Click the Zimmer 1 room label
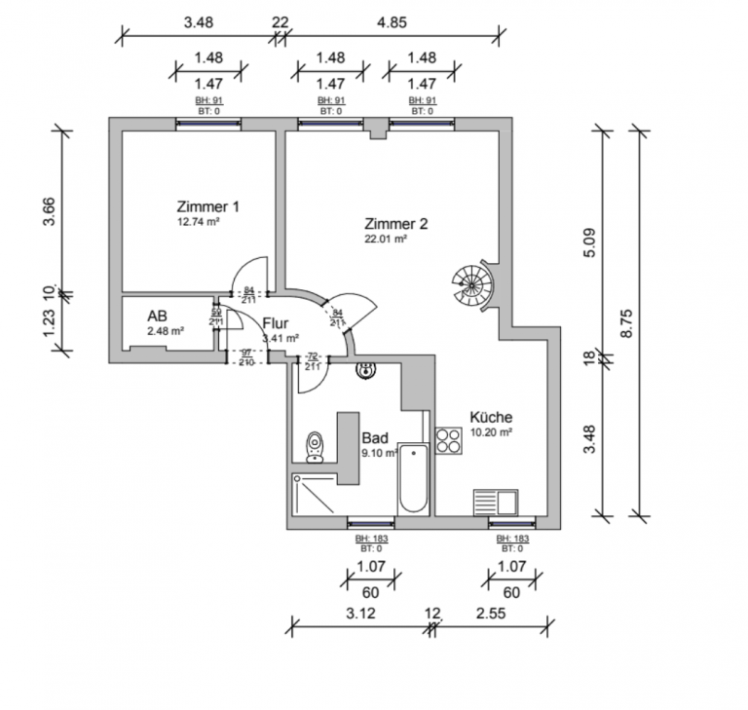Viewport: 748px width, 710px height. tap(207, 206)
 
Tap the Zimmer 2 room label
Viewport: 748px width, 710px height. tap(395, 222)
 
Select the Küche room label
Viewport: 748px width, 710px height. tap(491, 417)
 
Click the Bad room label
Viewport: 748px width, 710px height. tap(375, 438)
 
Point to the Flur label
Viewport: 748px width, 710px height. tap(276, 323)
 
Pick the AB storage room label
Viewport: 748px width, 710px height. tap(157, 317)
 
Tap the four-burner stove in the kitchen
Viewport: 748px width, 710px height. tap(449, 440)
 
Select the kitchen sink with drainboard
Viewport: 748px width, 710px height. tap(496, 503)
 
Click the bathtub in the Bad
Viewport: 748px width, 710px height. tap(413, 478)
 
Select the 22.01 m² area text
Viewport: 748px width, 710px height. tap(385, 238)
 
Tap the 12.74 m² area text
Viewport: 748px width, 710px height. tap(197, 222)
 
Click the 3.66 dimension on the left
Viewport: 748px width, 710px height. tap(50, 211)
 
